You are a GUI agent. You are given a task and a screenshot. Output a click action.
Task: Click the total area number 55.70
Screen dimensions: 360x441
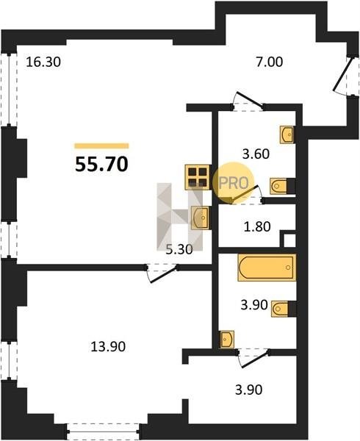tap(101, 164)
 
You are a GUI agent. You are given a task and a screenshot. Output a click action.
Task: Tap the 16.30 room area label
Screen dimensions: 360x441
tap(43, 62)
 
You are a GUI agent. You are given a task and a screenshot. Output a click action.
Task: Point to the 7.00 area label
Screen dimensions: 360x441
tap(269, 62)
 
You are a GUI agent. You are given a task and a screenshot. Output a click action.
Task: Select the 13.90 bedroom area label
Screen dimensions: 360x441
tap(108, 346)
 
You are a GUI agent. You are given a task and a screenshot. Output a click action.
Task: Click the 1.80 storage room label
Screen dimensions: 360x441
tap(257, 226)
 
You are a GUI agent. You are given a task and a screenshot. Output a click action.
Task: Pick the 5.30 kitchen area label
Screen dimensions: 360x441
tap(179, 249)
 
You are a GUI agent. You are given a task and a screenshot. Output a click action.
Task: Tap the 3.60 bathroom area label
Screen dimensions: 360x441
tap(256, 154)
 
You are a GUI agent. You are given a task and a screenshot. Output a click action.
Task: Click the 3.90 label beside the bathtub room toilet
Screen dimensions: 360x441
tap(253, 305)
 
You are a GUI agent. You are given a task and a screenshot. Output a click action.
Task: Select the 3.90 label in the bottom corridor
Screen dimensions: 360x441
tap(249, 390)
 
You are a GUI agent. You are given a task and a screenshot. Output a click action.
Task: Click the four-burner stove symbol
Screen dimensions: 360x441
tap(198, 177)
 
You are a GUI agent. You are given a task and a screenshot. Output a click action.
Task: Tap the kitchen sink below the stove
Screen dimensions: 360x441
tap(200, 218)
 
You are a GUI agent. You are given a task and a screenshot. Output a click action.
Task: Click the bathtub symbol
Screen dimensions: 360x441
tap(267, 268)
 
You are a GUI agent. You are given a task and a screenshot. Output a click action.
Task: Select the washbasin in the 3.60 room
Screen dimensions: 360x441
tap(287, 135)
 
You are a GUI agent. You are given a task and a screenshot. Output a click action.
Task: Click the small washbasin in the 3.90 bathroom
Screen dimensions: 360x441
tap(227, 340)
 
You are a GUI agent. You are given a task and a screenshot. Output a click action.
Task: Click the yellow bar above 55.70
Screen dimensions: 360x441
tap(101, 146)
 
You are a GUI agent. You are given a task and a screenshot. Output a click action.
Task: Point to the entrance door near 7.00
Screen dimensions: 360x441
tap(342, 75)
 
